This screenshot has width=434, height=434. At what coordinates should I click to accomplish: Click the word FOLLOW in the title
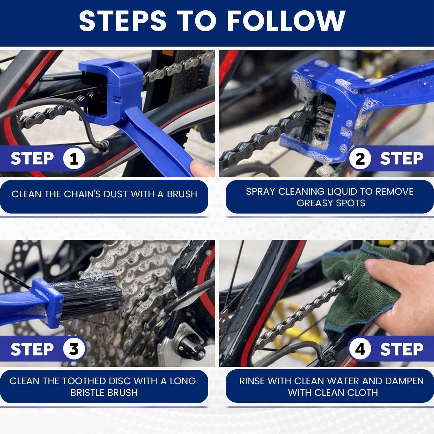click(x=286, y=21)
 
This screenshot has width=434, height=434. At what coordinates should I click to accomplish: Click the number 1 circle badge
click(x=74, y=159)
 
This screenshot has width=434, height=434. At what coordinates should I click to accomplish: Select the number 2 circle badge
click(x=360, y=159)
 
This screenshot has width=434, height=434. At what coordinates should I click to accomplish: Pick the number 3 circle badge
click(x=74, y=349)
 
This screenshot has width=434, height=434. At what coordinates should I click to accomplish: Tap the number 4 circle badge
click(x=360, y=349)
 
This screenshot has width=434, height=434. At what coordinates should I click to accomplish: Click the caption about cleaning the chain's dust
click(x=104, y=194)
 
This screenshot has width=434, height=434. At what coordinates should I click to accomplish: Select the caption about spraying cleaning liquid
click(x=330, y=197)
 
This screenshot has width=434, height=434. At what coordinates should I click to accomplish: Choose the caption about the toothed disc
click(x=103, y=387)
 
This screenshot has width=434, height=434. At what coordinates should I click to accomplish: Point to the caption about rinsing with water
click(x=331, y=387)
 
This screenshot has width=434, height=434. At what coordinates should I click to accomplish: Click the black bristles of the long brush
click(x=93, y=298)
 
